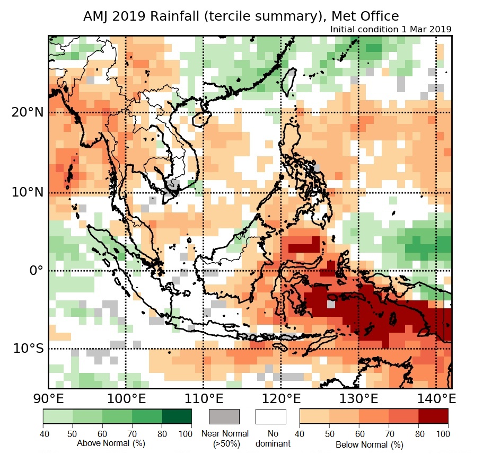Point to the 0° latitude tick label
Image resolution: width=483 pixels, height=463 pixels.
pyautogui.click(x=36, y=270)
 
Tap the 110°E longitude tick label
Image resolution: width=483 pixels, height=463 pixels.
pyautogui.click(x=203, y=398)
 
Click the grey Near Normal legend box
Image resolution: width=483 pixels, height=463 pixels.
pyautogui.click(x=224, y=416)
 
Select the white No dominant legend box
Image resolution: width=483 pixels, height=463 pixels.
pyautogui.click(x=271, y=416)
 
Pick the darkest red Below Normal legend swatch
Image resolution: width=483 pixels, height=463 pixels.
pyautogui.click(x=433, y=416)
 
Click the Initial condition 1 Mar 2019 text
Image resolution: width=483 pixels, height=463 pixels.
pyautogui.click(x=391, y=30)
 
